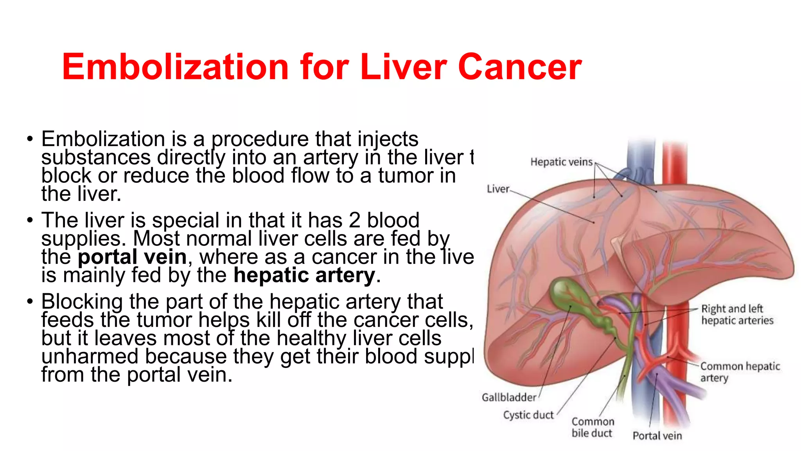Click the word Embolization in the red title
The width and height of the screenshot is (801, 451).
coord(175,67)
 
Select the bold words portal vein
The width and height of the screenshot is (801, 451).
coord(132,257)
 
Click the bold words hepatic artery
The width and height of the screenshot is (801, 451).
coord(304,275)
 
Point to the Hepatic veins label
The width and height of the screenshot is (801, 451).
coord(561,162)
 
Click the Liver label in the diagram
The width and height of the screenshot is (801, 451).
coord(498,189)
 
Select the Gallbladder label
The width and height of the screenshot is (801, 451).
coord(509,397)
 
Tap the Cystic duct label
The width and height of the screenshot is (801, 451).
coord(528,415)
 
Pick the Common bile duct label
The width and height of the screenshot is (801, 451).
coord(593,427)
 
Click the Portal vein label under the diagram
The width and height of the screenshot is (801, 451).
coord(657,436)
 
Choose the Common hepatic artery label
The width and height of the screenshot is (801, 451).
coord(740,372)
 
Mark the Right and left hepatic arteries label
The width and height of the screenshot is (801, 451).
coord(737,314)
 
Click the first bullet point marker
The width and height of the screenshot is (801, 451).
coord(30,139)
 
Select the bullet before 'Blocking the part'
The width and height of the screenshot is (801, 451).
coord(30,302)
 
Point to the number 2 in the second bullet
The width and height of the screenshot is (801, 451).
coord(354,220)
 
